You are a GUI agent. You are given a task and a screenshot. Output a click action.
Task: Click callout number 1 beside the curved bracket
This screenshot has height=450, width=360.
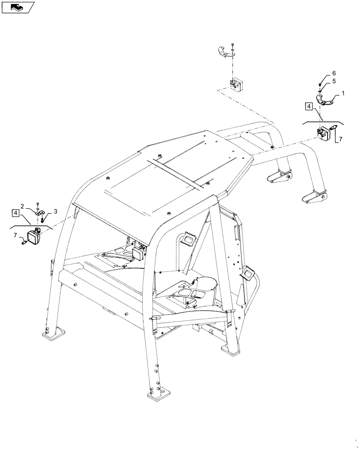tap(343, 94)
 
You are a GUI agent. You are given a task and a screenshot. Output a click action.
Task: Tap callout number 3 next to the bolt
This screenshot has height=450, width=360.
tap(55, 211)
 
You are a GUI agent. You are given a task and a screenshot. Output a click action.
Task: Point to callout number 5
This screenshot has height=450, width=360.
tap(333, 81)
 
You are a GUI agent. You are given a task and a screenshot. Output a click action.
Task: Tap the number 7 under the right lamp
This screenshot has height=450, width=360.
tap(340, 140)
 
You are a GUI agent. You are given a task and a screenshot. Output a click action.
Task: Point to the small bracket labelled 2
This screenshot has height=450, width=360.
tap(40, 213)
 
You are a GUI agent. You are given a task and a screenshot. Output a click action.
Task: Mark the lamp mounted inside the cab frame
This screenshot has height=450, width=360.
tap(138, 252)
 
